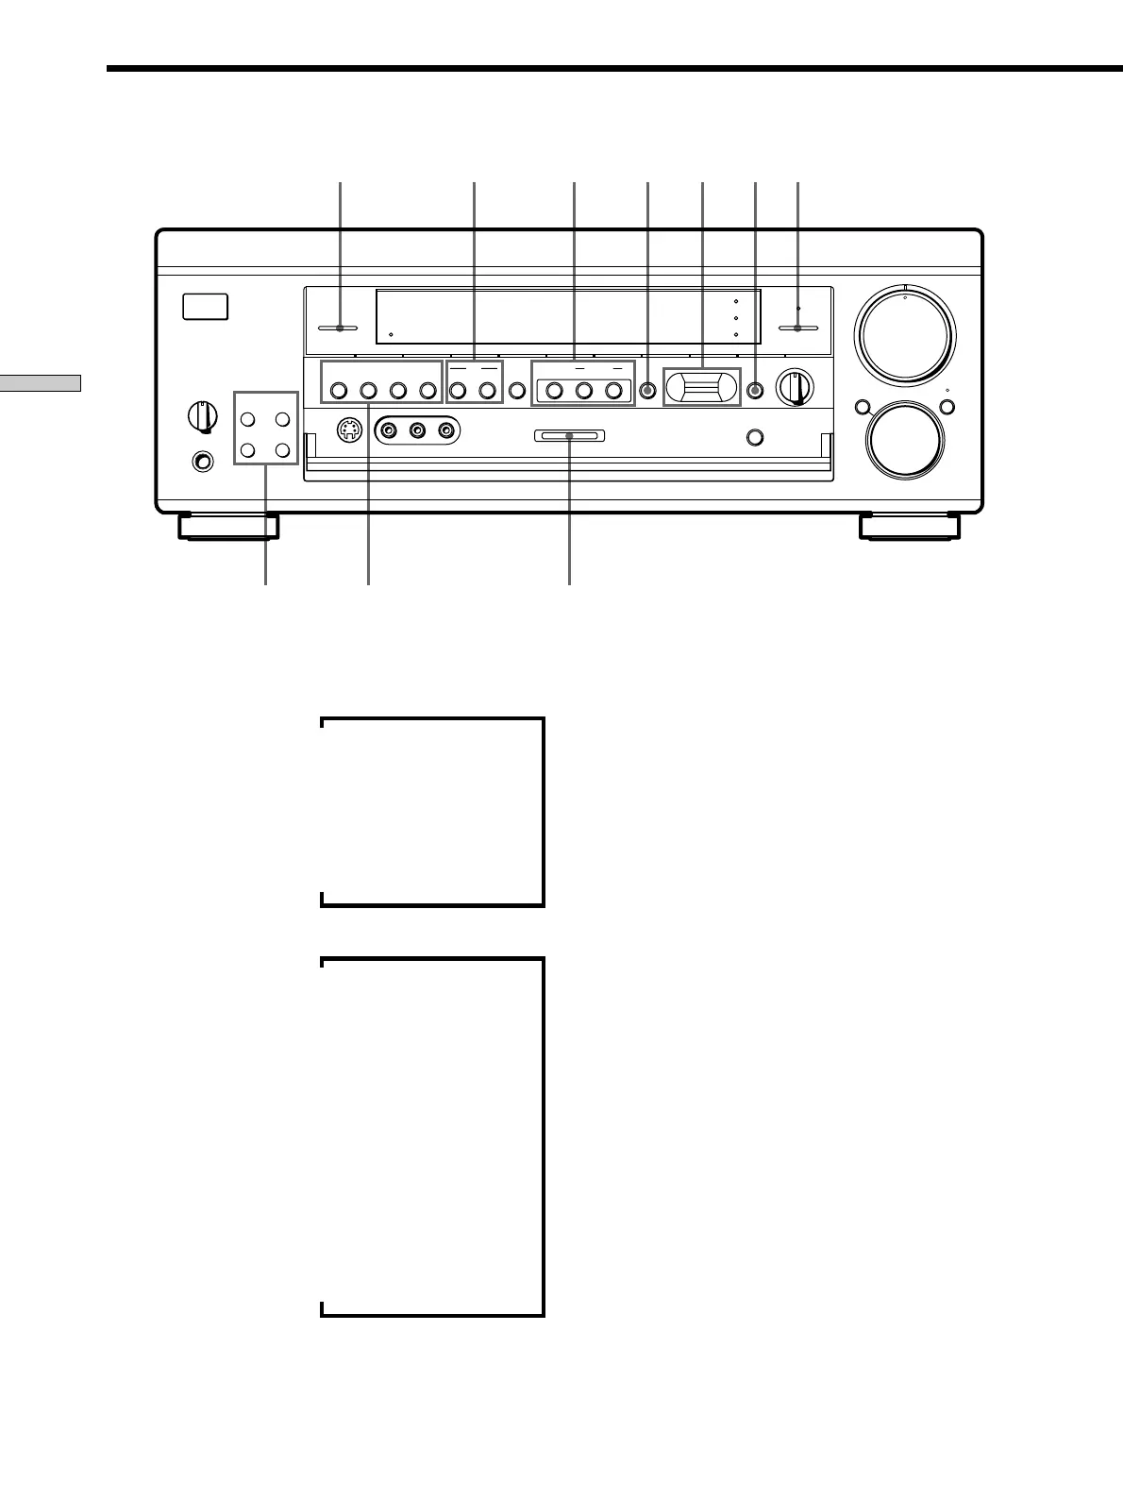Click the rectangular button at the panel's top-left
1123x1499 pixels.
(x=206, y=307)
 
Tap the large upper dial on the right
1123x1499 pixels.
(x=904, y=335)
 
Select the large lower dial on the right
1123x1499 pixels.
(x=906, y=441)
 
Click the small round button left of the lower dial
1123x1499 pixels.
(x=861, y=408)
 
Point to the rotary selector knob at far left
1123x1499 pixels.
(x=200, y=415)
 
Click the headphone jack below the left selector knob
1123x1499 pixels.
(x=200, y=462)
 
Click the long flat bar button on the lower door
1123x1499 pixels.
(x=570, y=436)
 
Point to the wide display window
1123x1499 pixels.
(x=568, y=317)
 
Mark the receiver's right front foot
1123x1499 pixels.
(x=909, y=526)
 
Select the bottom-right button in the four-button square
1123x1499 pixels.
(x=281, y=449)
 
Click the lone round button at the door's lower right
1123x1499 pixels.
(x=753, y=436)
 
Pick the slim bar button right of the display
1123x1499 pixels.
(x=797, y=328)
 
